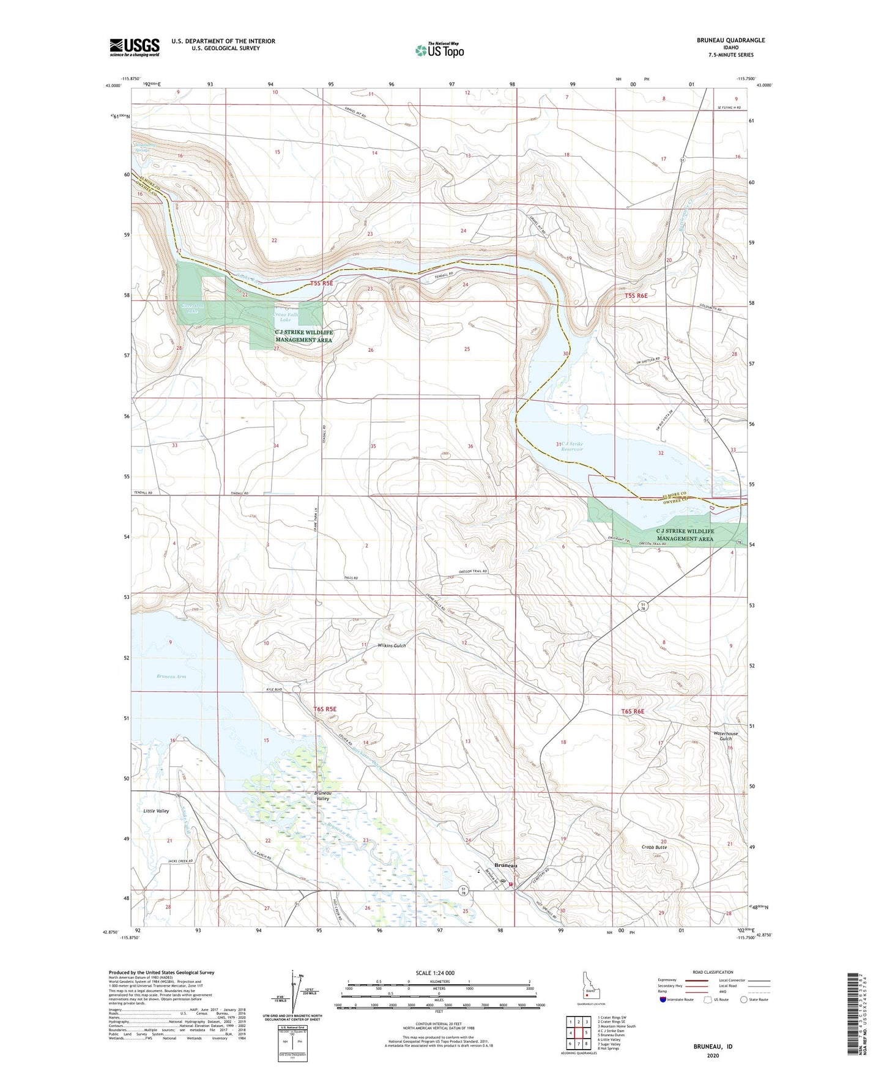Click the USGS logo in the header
point(135,47)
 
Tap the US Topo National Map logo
point(438,50)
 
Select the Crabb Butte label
point(654,847)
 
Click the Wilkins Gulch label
point(392,645)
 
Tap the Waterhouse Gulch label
point(726,736)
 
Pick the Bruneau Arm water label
point(171,677)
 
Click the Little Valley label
point(156,811)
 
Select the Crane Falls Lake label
point(285,317)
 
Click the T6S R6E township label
point(633,711)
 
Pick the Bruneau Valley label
point(322,796)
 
